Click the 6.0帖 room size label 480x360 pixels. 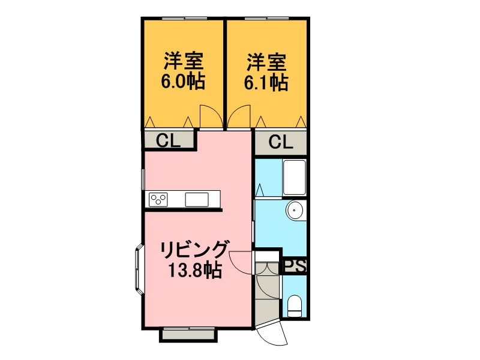(x=183, y=82)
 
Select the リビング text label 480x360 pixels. (x=195, y=250)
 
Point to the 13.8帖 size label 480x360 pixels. (x=195, y=269)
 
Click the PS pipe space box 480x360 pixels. (x=295, y=266)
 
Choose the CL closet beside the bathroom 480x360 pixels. (x=281, y=142)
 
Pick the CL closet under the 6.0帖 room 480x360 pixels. (x=169, y=140)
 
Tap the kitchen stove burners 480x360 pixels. (x=158, y=200)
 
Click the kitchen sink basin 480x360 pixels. (x=197, y=200)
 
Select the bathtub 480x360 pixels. (x=295, y=177)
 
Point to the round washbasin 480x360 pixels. (x=295, y=211)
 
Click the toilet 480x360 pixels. (x=295, y=306)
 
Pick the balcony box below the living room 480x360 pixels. (x=188, y=334)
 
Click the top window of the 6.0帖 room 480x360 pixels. (x=185, y=18)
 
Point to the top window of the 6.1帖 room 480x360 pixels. (x=267, y=18)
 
